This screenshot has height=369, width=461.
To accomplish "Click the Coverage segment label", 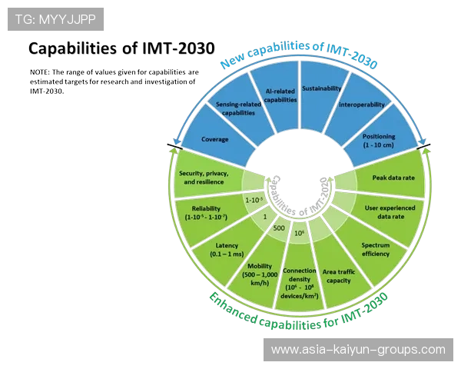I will click(214, 140).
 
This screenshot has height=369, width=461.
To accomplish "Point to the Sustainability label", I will click(321, 88).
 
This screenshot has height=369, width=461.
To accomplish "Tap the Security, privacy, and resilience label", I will click(201, 178).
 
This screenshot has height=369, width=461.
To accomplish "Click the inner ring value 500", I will click(279, 229).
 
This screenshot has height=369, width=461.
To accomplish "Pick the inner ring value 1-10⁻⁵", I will click(254, 200).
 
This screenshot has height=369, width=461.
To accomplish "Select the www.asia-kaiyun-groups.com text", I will click(358, 349).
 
